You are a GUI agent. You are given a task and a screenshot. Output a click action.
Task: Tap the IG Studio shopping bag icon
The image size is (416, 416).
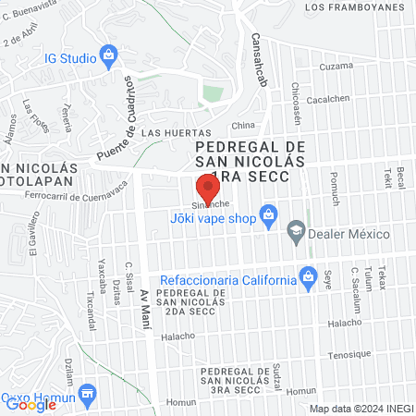110,56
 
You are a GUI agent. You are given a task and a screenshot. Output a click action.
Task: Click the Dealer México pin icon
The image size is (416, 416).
296,230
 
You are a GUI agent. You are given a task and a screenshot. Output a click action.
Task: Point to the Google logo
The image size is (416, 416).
31,404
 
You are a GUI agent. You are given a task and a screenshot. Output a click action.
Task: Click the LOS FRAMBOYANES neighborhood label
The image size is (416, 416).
355,7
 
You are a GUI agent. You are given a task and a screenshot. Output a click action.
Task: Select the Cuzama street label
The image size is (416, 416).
336,67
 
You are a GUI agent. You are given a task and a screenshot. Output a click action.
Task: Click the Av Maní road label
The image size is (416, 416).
144,304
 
